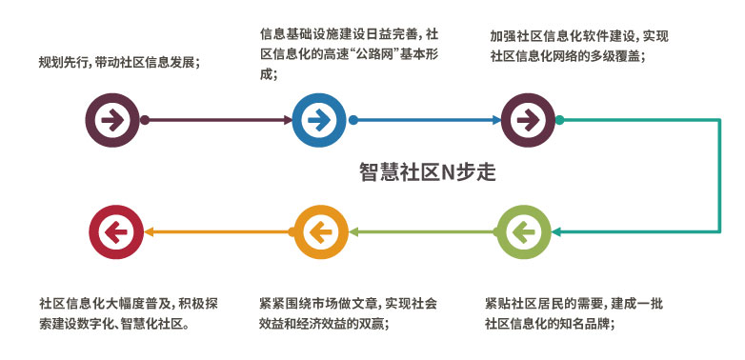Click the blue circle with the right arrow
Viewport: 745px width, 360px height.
318,120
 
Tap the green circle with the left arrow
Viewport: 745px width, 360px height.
521,230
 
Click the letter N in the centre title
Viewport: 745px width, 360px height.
448,172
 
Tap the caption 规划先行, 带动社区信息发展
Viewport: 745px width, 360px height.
119,63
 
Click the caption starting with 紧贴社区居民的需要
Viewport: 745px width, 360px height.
573,313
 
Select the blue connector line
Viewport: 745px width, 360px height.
425,120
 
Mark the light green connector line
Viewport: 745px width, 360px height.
419,230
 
